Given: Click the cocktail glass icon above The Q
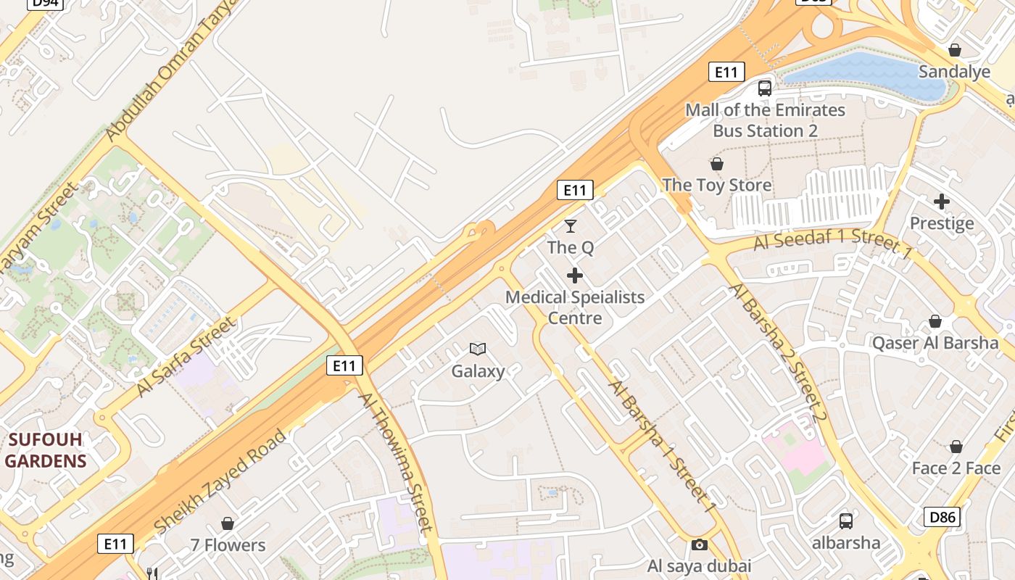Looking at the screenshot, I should pyautogui.click(x=571, y=226).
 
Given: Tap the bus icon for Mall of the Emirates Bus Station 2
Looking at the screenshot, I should pyautogui.click(x=765, y=88).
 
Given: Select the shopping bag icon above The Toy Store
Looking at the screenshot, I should pyautogui.click(x=717, y=164).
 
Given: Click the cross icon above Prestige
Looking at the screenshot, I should pyautogui.click(x=942, y=202).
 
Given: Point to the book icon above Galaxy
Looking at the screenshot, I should pyautogui.click(x=478, y=349).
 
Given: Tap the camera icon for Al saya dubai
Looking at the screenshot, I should pyautogui.click(x=700, y=544).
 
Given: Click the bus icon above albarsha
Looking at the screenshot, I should pyautogui.click(x=846, y=521).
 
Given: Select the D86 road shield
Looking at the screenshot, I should pyautogui.click(x=942, y=517).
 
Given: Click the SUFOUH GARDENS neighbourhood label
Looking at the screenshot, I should pyautogui.click(x=46, y=450).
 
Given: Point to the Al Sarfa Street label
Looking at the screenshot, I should pyautogui.click(x=186, y=357).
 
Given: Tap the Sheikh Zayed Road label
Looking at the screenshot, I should pyautogui.click(x=220, y=481).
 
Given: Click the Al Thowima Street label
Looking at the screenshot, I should pyautogui.click(x=396, y=463).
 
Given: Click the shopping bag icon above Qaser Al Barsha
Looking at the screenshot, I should pyautogui.click(x=935, y=321).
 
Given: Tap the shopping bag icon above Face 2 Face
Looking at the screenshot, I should pyautogui.click(x=956, y=447).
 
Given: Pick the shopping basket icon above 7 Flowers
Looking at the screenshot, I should pyautogui.click(x=228, y=523).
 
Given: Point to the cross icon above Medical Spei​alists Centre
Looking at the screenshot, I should pyautogui.click(x=575, y=275).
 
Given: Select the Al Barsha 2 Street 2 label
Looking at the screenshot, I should pyautogui.click(x=779, y=352).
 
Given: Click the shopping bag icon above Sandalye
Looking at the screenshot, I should pyautogui.click(x=955, y=50).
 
